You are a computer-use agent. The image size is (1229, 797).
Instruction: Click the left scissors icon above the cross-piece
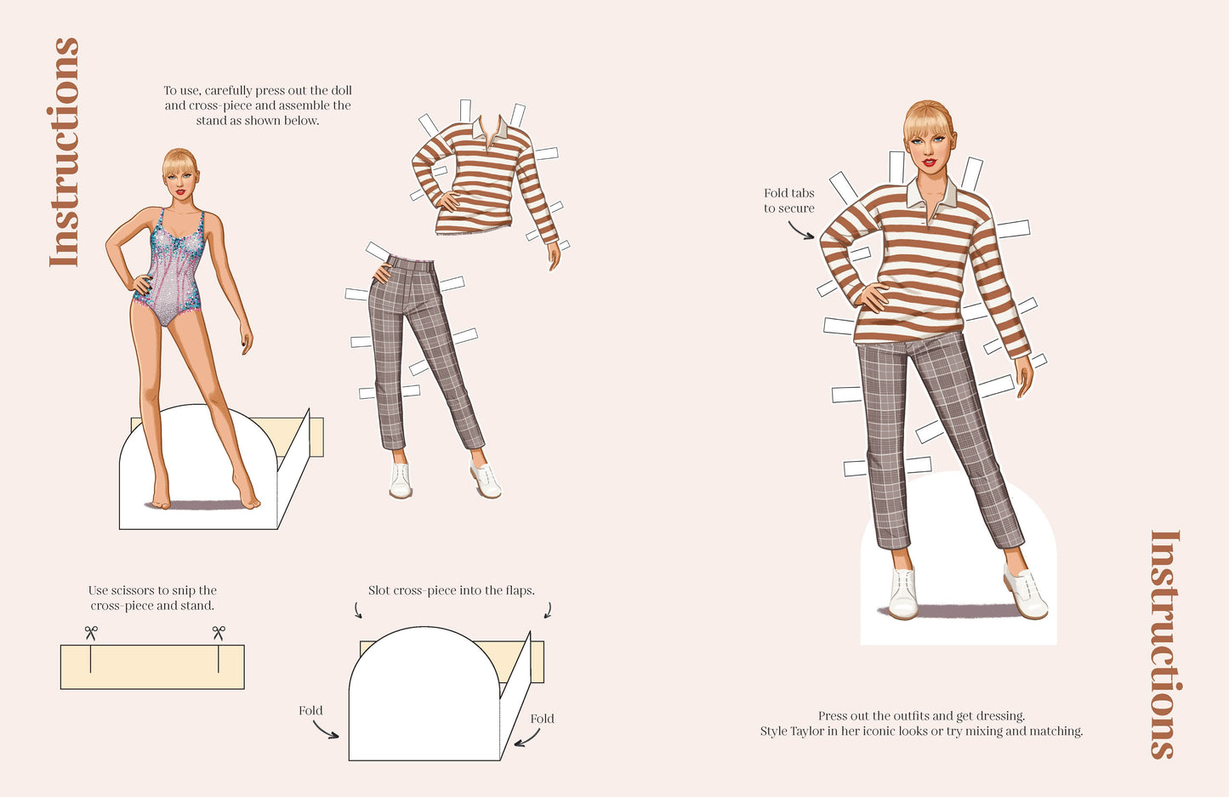point(90,633)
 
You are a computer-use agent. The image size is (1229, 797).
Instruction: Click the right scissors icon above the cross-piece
point(219,633)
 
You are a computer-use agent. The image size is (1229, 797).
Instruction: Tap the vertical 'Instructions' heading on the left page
point(65,152)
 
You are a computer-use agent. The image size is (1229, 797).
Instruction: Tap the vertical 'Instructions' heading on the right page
point(1164,644)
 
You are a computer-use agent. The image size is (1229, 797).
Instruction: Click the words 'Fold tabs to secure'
point(789,201)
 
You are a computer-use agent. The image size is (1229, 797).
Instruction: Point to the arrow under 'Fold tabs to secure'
point(800,231)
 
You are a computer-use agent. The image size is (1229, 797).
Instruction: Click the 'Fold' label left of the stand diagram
point(310,710)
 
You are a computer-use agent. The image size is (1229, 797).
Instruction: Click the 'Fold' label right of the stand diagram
point(542,719)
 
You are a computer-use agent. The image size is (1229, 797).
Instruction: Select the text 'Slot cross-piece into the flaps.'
point(451,590)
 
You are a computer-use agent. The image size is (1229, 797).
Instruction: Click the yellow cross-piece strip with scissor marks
point(152,667)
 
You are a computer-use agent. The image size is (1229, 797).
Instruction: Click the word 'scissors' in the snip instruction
point(133,590)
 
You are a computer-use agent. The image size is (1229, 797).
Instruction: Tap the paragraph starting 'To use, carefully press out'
point(258,105)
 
